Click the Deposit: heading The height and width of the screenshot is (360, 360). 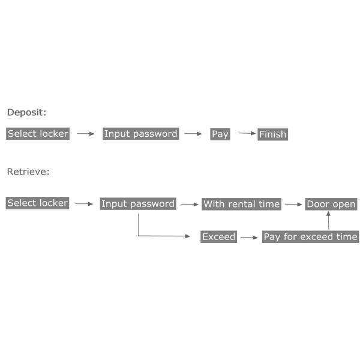coord(26,112)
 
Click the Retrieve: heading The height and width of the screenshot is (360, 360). coord(28,172)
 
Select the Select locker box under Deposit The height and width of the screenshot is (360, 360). coord(38,134)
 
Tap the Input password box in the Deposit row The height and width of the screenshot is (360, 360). coord(140,134)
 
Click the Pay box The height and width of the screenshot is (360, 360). coord(220,134)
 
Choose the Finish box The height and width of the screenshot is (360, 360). coord(273,134)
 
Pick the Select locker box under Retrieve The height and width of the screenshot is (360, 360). coord(38,203)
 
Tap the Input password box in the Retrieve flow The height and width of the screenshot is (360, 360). coord(138,204)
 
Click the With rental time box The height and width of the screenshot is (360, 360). coord(241,204)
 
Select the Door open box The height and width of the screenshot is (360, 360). coord(331,204)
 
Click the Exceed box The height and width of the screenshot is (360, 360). coord(218,237)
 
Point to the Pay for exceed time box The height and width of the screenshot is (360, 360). coord(310,237)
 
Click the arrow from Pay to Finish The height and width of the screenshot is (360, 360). coord(247,133)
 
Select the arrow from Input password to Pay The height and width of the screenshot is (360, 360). coord(193,134)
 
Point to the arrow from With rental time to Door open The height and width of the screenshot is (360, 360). coord(293,204)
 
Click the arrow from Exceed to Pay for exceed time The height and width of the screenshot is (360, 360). coord(247,237)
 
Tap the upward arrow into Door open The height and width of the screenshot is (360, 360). coord(328,220)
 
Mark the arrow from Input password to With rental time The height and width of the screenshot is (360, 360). coord(190,204)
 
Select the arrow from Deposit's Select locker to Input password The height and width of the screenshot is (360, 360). coord(86,134)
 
